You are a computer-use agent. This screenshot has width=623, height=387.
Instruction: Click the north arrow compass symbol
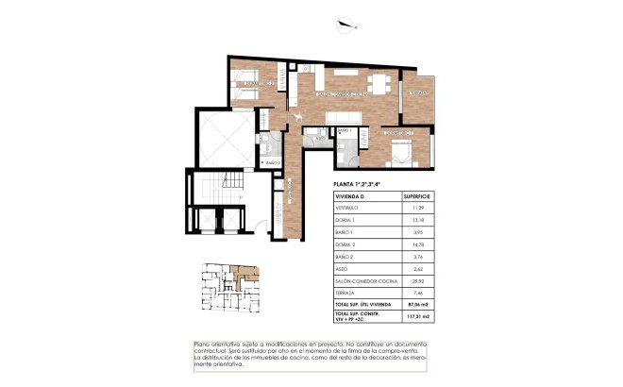pos(354,25)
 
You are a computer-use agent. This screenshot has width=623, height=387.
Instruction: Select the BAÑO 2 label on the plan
pos(274,162)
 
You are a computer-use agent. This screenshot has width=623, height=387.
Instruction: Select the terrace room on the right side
pos(417,98)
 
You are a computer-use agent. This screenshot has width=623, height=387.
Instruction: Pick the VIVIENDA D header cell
pos(350,196)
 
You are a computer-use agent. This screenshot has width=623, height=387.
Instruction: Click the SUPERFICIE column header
pos(418,196)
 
